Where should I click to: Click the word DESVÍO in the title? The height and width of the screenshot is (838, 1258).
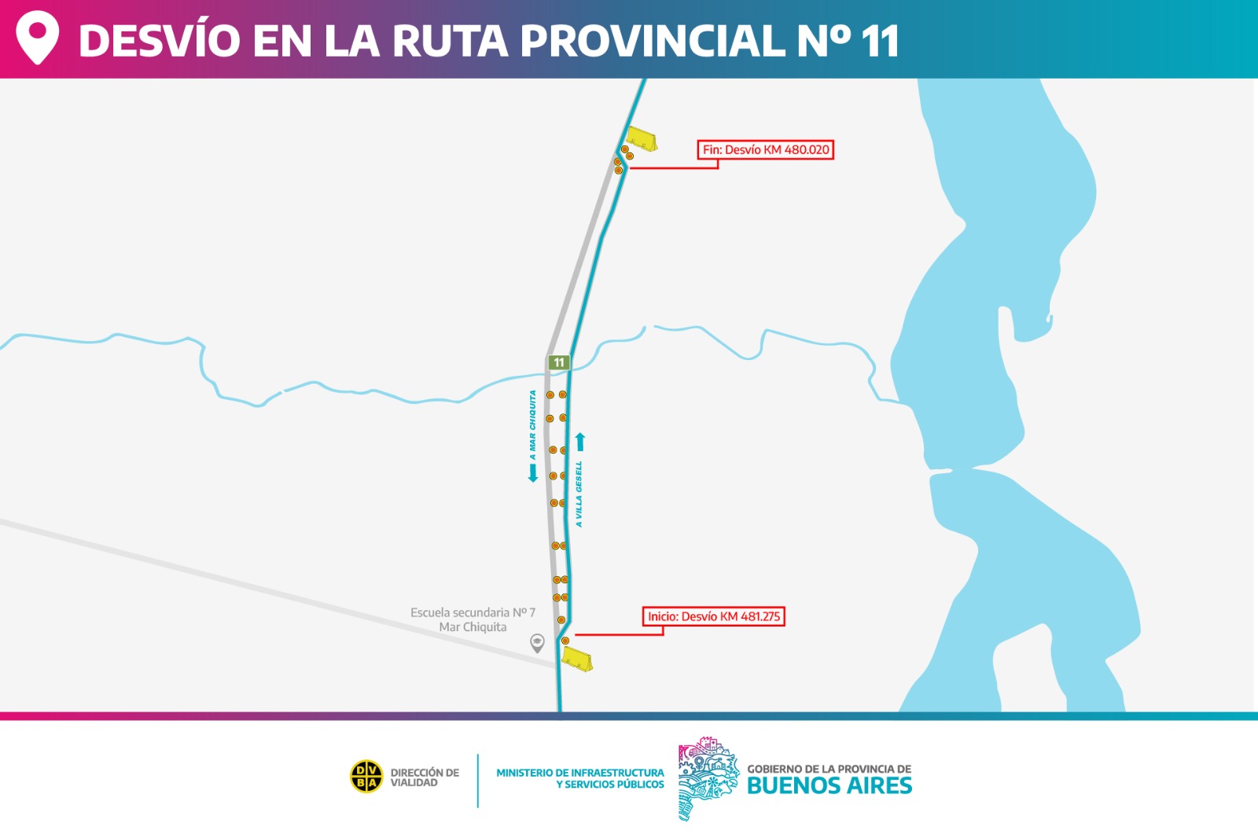click(x=160, y=40)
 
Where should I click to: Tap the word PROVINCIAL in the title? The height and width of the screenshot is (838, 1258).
click(x=652, y=40)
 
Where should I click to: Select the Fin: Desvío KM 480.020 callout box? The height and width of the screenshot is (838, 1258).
click(x=765, y=149)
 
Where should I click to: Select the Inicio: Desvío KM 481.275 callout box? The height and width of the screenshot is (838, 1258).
click(x=714, y=616)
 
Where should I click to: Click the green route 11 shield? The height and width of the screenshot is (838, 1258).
click(x=558, y=362)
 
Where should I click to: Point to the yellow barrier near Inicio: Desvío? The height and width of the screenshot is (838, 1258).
click(x=576, y=659)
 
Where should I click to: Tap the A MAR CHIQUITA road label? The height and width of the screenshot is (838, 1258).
click(x=532, y=425)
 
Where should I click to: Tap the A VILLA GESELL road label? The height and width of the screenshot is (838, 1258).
click(x=579, y=494)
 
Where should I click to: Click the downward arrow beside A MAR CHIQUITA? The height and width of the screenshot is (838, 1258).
click(x=533, y=473)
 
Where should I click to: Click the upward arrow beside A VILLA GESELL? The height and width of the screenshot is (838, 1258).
click(x=580, y=442)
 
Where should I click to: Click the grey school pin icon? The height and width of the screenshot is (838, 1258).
click(x=537, y=643)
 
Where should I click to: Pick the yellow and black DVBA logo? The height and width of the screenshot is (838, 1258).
click(x=366, y=777)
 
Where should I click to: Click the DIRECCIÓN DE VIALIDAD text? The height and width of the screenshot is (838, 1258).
click(x=425, y=777)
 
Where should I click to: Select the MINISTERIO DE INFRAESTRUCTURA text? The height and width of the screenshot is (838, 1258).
click(x=580, y=773)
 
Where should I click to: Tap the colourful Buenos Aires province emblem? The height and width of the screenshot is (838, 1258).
click(x=708, y=778)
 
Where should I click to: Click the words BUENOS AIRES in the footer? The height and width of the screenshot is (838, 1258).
click(x=829, y=785)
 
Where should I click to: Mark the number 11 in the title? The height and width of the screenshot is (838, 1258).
click(x=880, y=40)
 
